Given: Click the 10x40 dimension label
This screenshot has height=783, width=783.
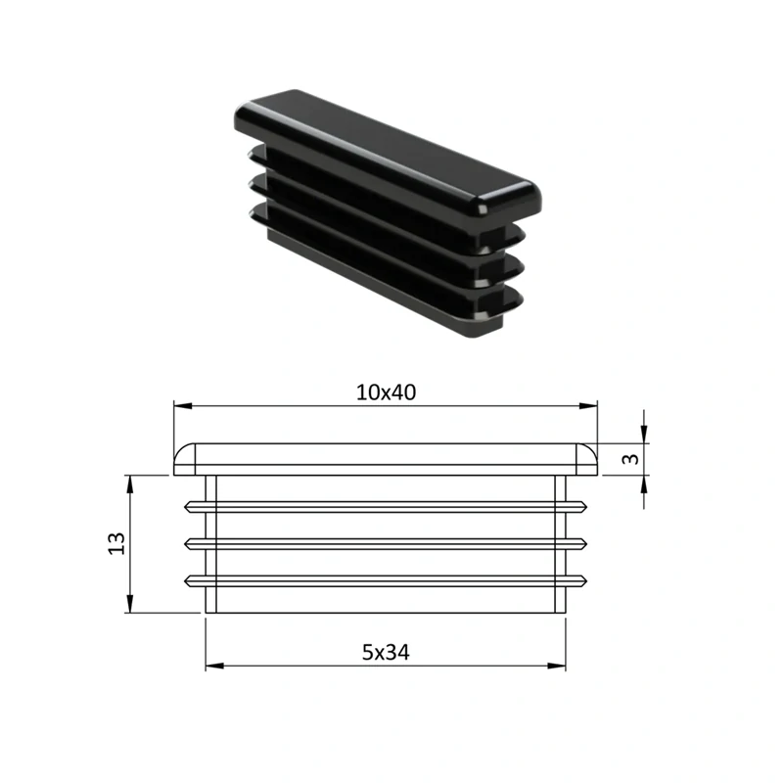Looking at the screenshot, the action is click(386, 393).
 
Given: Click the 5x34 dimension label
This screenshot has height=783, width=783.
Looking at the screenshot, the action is click(386, 652).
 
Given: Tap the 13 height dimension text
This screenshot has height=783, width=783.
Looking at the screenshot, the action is click(116, 543).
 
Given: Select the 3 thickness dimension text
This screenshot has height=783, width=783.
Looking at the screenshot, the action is click(631, 459).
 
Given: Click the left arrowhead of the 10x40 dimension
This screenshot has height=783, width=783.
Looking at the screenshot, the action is click(183, 406).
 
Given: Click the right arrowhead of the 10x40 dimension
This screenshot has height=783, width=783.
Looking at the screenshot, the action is click(588, 406).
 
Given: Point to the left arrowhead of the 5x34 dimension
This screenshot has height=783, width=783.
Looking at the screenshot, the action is click(214, 666).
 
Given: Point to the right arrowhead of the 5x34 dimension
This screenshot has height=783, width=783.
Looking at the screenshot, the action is click(556, 666).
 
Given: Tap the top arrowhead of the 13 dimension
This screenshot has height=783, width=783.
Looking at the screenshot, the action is click(130, 484).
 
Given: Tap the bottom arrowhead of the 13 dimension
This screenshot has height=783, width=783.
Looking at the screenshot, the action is click(130, 604).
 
